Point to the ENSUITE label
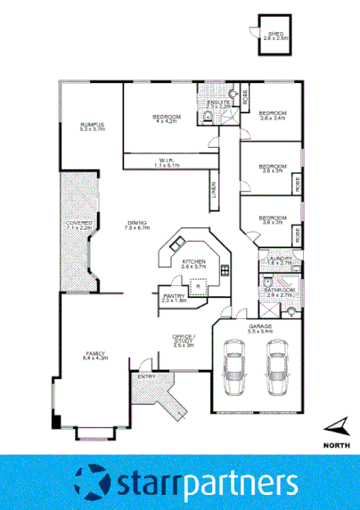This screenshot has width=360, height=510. point(220,103)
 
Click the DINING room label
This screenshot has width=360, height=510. point(135,225)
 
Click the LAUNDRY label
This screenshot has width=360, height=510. point(280,260)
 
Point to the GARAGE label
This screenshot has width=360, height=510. point(259,329)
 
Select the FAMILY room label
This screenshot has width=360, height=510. point(94,355)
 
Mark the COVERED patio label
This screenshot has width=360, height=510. point(78,225)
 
